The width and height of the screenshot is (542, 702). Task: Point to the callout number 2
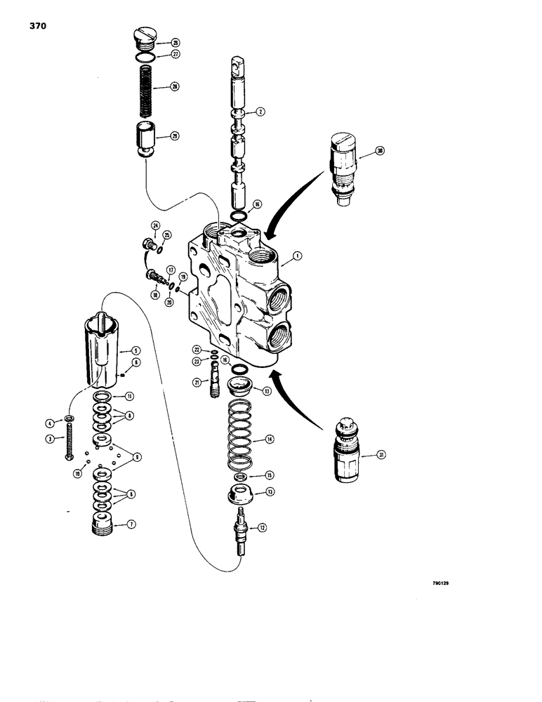pos(260,111)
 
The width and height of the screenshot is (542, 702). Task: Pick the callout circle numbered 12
pos(263,527)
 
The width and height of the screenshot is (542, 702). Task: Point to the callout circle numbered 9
pos(137,457)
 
